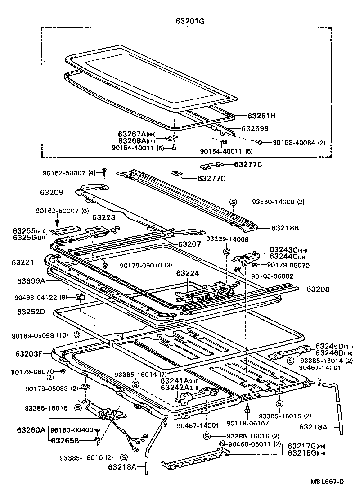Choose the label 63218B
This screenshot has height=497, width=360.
[x=284, y=228]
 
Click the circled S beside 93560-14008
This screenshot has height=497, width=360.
[x=233, y=202]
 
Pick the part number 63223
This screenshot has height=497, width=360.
[x=104, y=217]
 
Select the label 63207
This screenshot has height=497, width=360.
[x=190, y=244]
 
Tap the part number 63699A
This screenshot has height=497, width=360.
[x=31, y=281]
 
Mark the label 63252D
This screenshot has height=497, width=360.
[x=31, y=311]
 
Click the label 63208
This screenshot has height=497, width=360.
[x=318, y=289]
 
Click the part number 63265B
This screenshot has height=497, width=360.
[x=64, y=440]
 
